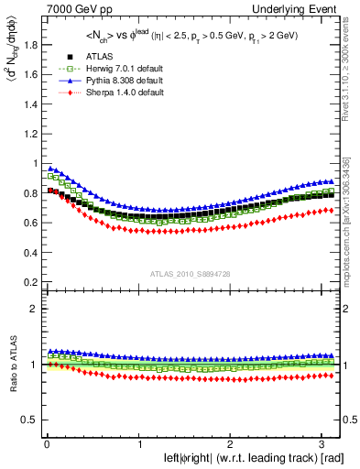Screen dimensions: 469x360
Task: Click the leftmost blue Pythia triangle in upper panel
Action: click(50, 169)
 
